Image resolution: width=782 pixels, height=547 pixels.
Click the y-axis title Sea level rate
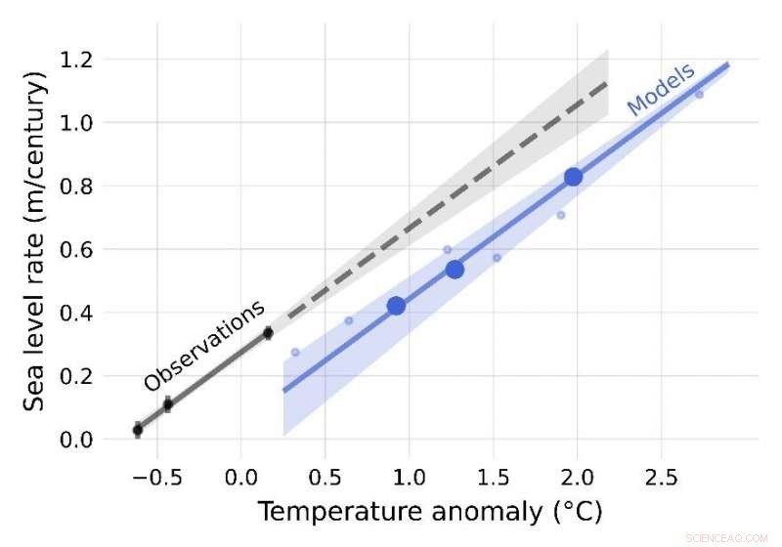coord(36,244)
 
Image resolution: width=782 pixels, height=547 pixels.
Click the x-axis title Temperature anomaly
coord(430,511)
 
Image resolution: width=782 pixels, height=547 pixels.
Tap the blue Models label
coord(661,89)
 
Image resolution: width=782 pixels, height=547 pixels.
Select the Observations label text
coord(204,346)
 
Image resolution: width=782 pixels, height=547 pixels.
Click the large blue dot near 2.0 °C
coord(574,177)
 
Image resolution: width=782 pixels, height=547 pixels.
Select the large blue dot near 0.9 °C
coord(396,306)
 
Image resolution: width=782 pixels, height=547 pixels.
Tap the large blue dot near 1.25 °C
coord(455,270)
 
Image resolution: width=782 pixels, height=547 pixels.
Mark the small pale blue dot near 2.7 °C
coord(699,95)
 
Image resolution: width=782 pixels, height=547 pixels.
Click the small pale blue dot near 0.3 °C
coord(295,352)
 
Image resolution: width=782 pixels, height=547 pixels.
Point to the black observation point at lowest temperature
coord(138,430)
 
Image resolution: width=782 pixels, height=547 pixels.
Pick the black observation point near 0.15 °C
coord(268,333)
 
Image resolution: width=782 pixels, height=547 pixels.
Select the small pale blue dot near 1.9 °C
coord(561,215)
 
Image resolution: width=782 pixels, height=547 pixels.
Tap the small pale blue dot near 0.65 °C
coord(349,320)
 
